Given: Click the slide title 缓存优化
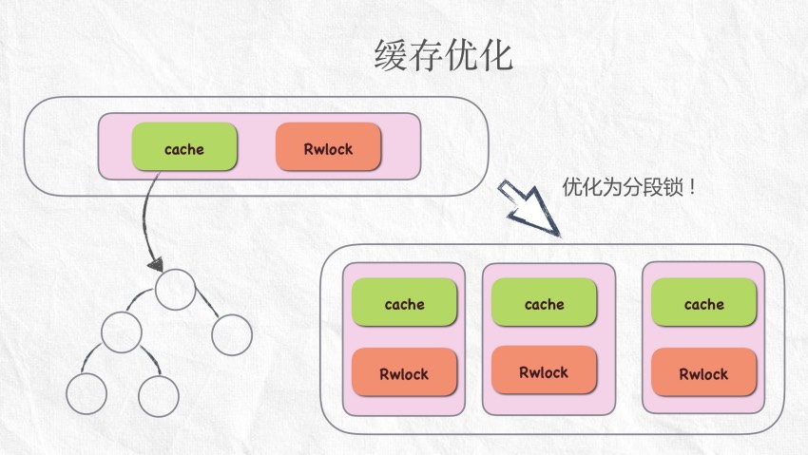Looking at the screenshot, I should coord(443,56).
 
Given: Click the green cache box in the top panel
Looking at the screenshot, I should coord(183,148).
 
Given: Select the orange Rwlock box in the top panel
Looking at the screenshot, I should coord(328,148).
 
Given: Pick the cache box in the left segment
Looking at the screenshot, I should coord(404,304).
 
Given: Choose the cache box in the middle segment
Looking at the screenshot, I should coord(544,304).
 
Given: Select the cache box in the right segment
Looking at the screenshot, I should coord(703,304).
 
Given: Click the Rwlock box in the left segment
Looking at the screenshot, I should coord(404,373).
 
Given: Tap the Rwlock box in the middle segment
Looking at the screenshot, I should coord(544,371).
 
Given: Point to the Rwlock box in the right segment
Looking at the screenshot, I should coord(703,373).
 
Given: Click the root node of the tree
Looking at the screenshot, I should coord(176,290).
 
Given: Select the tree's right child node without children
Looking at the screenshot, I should coord(231,334).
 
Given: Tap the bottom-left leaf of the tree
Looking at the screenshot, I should coord(87,392).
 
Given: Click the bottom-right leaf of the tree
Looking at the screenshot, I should coord(158,392).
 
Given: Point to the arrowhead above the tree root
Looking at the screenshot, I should coord(155,263).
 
